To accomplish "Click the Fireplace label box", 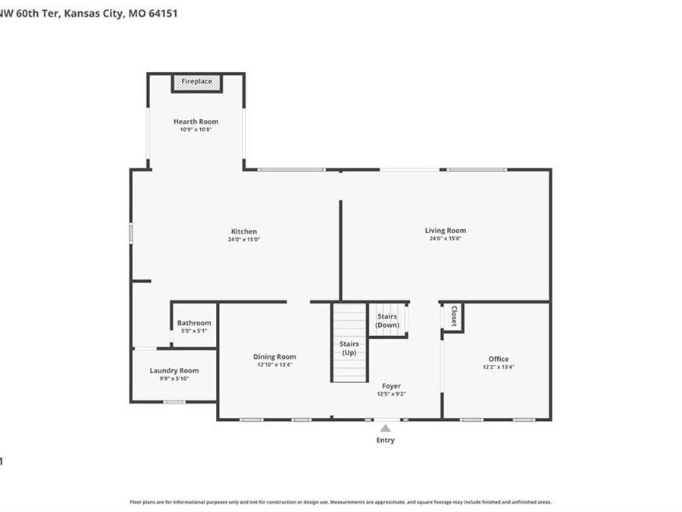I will [x=196, y=81].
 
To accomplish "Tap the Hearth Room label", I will [x=196, y=121].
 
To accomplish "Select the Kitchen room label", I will [x=244, y=231].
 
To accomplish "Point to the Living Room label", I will [x=445, y=231].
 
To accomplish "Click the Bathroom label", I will [x=194, y=323].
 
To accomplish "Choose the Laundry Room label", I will [x=174, y=370].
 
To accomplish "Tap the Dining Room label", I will [x=274, y=357].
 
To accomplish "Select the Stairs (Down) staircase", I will [x=388, y=319].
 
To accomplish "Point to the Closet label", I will [x=453, y=316].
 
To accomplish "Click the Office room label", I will [x=499, y=359].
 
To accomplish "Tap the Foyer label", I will [x=391, y=386].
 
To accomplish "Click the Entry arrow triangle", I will [x=385, y=429].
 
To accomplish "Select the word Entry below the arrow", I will [x=385, y=440].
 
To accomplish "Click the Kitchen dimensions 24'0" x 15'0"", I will [x=244, y=240].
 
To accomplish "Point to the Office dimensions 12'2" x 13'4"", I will [x=499, y=367].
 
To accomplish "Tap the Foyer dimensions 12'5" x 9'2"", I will [x=391, y=394].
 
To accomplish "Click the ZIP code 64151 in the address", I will [x=163, y=14].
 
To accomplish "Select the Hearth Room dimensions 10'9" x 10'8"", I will [x=196, y=130].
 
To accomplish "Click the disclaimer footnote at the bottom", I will [x=341, y=501].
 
